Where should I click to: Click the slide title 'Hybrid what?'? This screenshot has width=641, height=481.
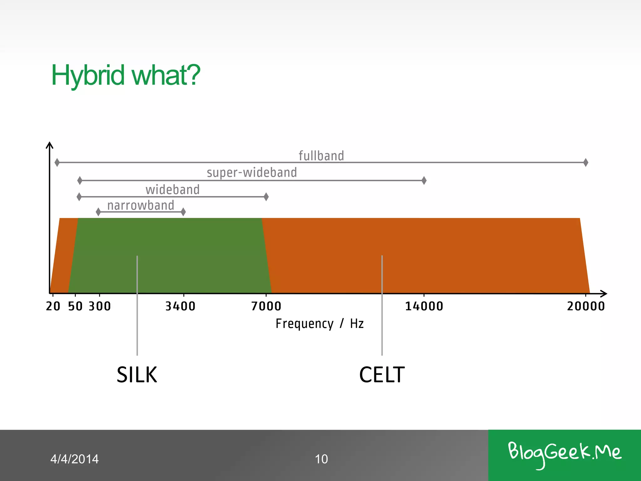coord(126,75)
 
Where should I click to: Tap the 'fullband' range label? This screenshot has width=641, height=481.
coord(321,156)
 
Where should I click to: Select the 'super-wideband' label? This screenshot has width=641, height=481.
coord(252,173)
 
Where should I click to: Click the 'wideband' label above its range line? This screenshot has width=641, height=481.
coord(172,190)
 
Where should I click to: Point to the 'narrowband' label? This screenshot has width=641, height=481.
coord(141,205)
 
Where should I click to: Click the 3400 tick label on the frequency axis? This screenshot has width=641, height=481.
coord(180,306)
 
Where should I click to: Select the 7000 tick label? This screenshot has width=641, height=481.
coord(266,306)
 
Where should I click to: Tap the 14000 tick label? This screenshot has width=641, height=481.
coord(424,306)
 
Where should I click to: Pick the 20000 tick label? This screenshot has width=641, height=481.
coord(586,306)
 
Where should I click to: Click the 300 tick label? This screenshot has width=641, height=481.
coord(100,306)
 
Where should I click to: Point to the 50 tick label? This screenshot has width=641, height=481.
coord(75,306)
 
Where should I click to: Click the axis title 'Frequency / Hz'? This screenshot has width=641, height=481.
coord(319,323)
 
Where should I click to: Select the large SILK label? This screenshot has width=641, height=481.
coord(137,375)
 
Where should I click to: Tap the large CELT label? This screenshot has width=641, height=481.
coord(382,375)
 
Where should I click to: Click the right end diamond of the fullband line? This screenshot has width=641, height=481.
coord(586,163)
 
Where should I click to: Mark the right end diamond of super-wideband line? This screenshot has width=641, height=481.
coord(424,180)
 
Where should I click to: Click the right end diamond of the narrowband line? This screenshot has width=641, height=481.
coord(183,212)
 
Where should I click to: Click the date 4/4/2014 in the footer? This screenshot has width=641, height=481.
coord(74,459)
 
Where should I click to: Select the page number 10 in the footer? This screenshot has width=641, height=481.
coord(321,459)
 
